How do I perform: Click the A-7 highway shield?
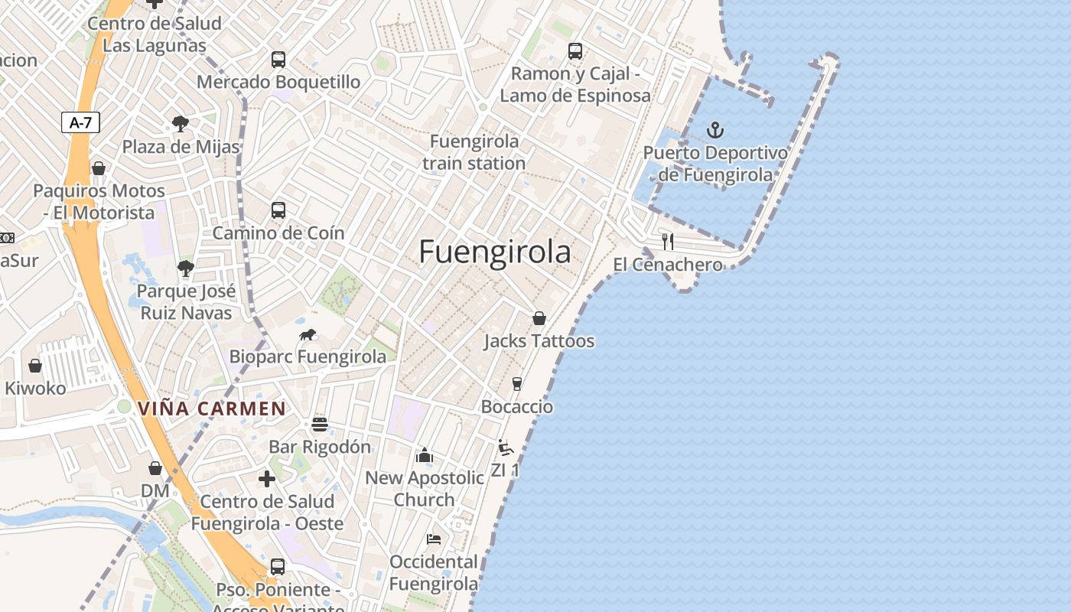(x=80, y=122)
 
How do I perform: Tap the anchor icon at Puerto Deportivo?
(x=715, y=129)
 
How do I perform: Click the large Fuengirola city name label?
(x=495, y=252)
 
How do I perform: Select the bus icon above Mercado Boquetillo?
(x=278, y=59)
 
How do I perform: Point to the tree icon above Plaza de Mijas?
(x=181, y=123)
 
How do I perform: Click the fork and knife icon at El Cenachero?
(x=668, y=242)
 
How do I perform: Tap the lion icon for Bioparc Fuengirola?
(x=308, y=334)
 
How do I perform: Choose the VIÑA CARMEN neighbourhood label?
(x=212, y=409)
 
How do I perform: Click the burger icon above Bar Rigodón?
(x=320, y=424)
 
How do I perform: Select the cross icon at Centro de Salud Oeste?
(x=267, y=479)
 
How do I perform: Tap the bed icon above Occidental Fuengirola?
(x=434, y=539)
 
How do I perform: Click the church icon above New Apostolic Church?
(x=425, y=455)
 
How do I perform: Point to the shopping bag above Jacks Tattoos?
(x=539, y=317)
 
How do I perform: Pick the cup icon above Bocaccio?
(x=517, y=383)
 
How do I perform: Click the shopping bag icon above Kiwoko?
(x=35, y=366)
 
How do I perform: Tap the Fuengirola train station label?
(x=474, y=152)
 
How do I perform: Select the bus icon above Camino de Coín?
(x=278, y=210)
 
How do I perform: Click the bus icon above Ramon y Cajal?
(x=575, y=51)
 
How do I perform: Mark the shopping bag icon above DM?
(x=155, y=467)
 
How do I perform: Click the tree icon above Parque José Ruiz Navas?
(x=185, y=268)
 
